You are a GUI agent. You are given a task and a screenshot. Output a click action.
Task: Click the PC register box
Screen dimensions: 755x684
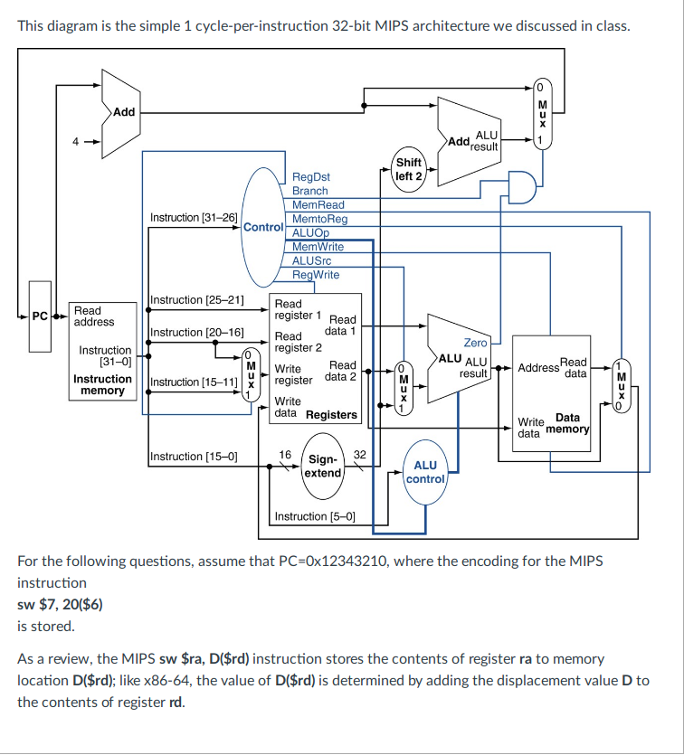coord(39,316)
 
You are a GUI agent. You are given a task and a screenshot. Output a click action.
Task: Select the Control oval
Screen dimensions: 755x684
coord(264,226)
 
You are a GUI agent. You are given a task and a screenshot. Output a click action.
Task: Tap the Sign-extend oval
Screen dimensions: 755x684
coord(322,467)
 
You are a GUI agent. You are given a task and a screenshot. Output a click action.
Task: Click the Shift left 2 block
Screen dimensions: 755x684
coord(409,169)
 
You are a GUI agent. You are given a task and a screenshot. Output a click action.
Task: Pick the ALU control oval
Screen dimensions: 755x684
coord(425,471)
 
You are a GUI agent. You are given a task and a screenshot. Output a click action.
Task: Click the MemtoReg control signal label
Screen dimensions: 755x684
coord(320,219)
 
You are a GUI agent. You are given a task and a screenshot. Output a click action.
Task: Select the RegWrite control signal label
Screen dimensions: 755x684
coord(316,274)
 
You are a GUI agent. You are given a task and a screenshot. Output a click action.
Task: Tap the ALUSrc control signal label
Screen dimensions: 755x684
coord(312,260)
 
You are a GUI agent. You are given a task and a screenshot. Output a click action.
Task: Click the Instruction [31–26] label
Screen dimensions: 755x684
coord(194,218)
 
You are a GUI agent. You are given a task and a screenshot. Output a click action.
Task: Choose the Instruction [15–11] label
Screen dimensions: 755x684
coord(194,382)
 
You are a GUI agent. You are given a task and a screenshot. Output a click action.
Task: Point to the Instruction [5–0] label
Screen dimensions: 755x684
coord(315,516)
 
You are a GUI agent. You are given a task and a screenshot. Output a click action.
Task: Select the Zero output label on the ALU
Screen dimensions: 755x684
coord(475,343)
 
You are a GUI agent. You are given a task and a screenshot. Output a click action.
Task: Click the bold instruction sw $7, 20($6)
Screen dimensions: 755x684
coord(60,603)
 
